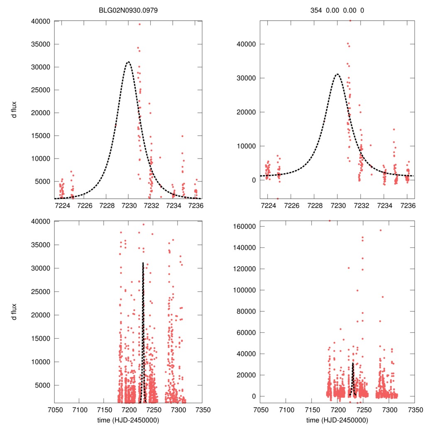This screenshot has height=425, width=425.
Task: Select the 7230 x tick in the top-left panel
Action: click(x=129, y=205)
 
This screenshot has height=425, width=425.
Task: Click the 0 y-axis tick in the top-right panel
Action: click(x=252, y=180)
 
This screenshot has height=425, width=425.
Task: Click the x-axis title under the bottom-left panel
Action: click(x=129, y=420)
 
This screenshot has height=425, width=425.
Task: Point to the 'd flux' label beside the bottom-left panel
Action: click(x=14, y=311)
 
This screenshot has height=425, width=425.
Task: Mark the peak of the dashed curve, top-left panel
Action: click(x=128, y=62)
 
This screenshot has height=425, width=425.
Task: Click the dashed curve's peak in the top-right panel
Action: click(x=337, y=74)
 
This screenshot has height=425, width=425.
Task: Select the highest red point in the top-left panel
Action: click(x=139, y=24)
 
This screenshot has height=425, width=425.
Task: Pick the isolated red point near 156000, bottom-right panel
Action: click(x=380, y=230)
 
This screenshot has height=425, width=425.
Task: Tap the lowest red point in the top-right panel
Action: click(x=278, y=198)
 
